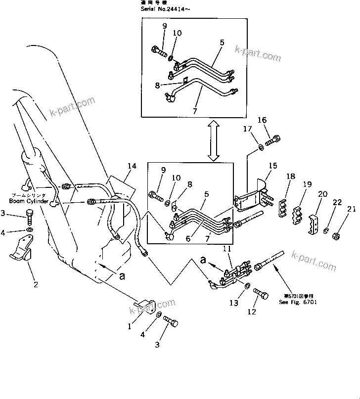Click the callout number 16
[262, 120]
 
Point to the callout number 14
[131, 167]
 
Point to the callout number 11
[226, 248]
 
